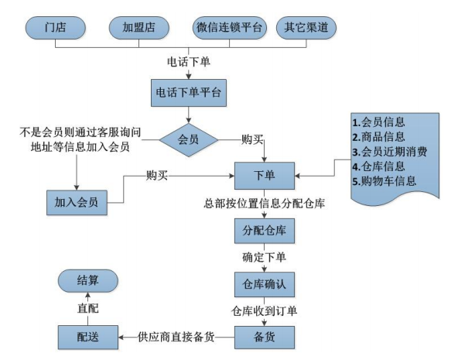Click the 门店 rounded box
pos(56,29)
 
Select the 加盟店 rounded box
pos(139,29)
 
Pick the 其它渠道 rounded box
pos(306,29)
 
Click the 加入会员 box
pos(76,202)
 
